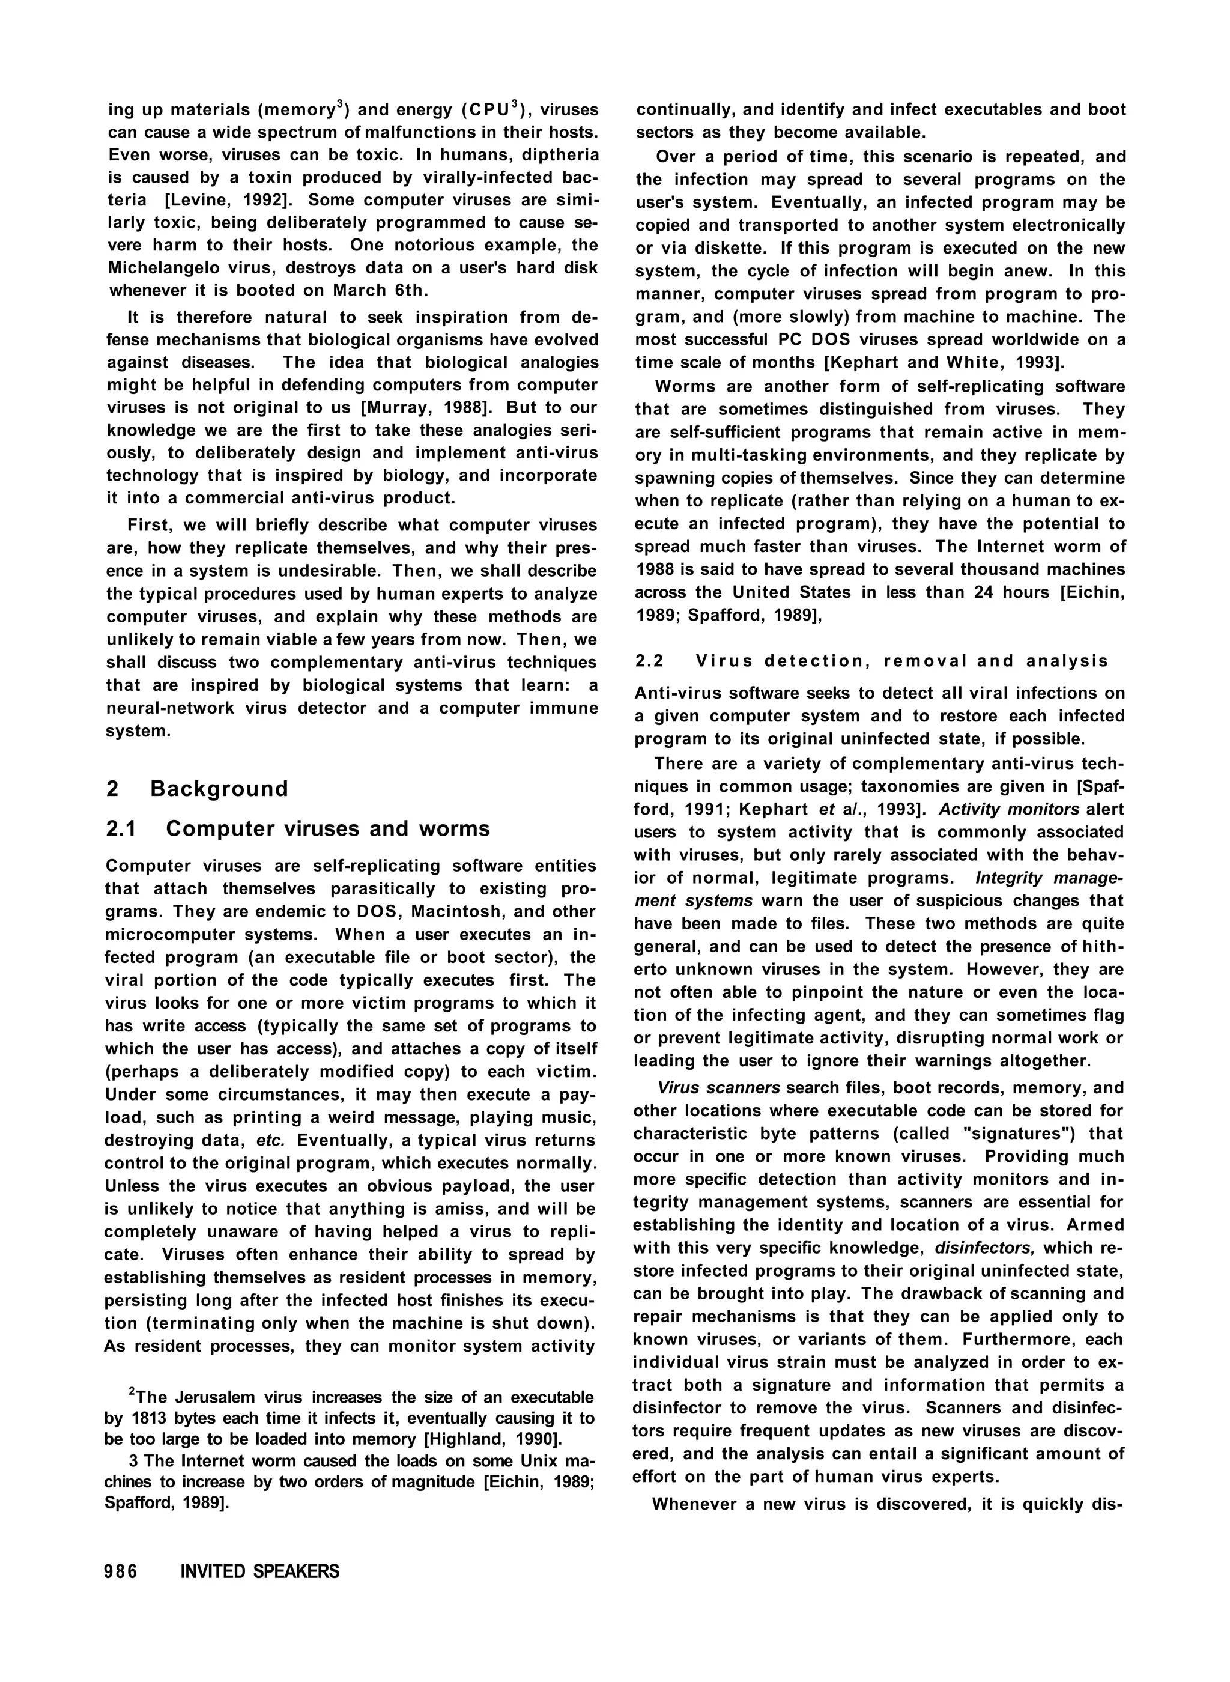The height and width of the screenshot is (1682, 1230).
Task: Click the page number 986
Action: pyautogui.click(x=121, y=1572)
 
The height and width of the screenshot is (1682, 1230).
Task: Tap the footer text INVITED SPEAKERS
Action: pyautogui.click(x=260, y=1572)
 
